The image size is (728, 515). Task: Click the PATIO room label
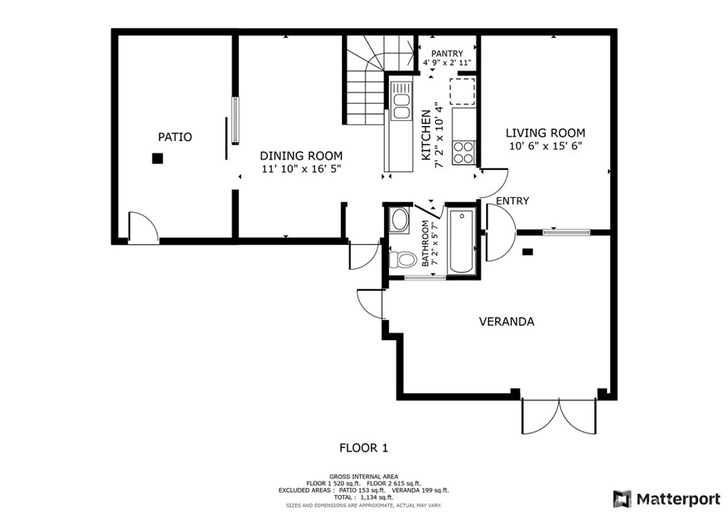[175, 137]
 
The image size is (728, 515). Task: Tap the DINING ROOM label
[301, 156]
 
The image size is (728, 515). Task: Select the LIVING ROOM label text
[545, 133]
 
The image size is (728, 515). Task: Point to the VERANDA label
[506, 322]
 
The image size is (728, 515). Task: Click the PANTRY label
[447, 53]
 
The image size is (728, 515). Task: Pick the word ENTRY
[513, 201]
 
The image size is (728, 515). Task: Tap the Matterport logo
[666, 499]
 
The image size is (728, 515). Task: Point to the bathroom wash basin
[400, 220]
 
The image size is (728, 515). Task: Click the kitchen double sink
[401, 100]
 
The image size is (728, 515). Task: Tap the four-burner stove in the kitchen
[464, 152]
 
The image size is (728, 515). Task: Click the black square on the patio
[158, 159]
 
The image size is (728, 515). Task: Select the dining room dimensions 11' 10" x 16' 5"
[301, 169]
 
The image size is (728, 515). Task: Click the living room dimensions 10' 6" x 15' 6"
[545, 146]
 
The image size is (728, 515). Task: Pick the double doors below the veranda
[559, 417]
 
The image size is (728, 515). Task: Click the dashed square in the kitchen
[462, 91]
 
